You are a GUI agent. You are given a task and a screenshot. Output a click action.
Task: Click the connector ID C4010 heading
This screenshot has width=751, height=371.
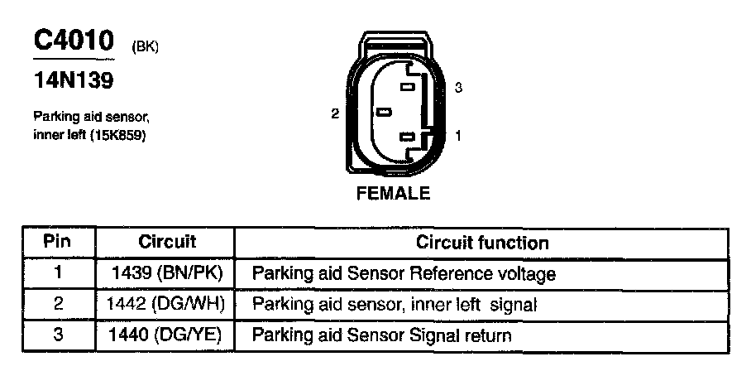pyautogui.click(x=73, y=41)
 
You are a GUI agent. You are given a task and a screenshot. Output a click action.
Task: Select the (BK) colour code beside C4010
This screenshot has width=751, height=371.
pyautogui.click(x=145, y=46)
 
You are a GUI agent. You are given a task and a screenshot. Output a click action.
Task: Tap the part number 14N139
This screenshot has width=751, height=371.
pyautogui.click(x=73, y=81)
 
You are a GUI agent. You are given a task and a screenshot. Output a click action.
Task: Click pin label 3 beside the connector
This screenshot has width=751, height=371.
pyautogui.click(x=457, y=88)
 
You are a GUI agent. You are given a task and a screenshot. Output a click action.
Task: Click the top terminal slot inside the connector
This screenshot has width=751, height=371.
pyautogui.click(x=407, y=86)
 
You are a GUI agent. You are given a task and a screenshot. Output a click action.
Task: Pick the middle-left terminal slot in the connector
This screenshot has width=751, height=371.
pyautogui.click(x=383, y=112)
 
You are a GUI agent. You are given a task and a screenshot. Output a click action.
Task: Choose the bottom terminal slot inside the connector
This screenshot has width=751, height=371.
pyautogui.click(x=405, y=137)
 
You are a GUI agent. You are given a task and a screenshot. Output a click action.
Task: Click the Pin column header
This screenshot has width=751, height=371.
pyautogui.click(x=58, y=243)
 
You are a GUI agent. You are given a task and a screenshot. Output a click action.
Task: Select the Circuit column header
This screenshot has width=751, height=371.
pyautogui.click(x=166, y=243)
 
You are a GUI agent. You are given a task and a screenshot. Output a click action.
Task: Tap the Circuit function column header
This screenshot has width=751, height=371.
pyautogui.click(x=481, y=243)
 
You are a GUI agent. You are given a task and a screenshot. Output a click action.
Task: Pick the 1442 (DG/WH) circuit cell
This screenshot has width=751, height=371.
pyautogui.click(x=166, y=304)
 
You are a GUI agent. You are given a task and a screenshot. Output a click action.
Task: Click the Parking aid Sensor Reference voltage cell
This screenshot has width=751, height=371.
pyautogui.click(x=403, y=273)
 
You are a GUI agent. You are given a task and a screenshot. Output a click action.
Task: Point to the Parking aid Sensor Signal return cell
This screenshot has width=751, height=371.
pyautogui.click(x=381, y=335)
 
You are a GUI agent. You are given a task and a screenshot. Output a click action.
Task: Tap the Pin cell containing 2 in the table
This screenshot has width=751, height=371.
pyautogui.click(x=58, y=304)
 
